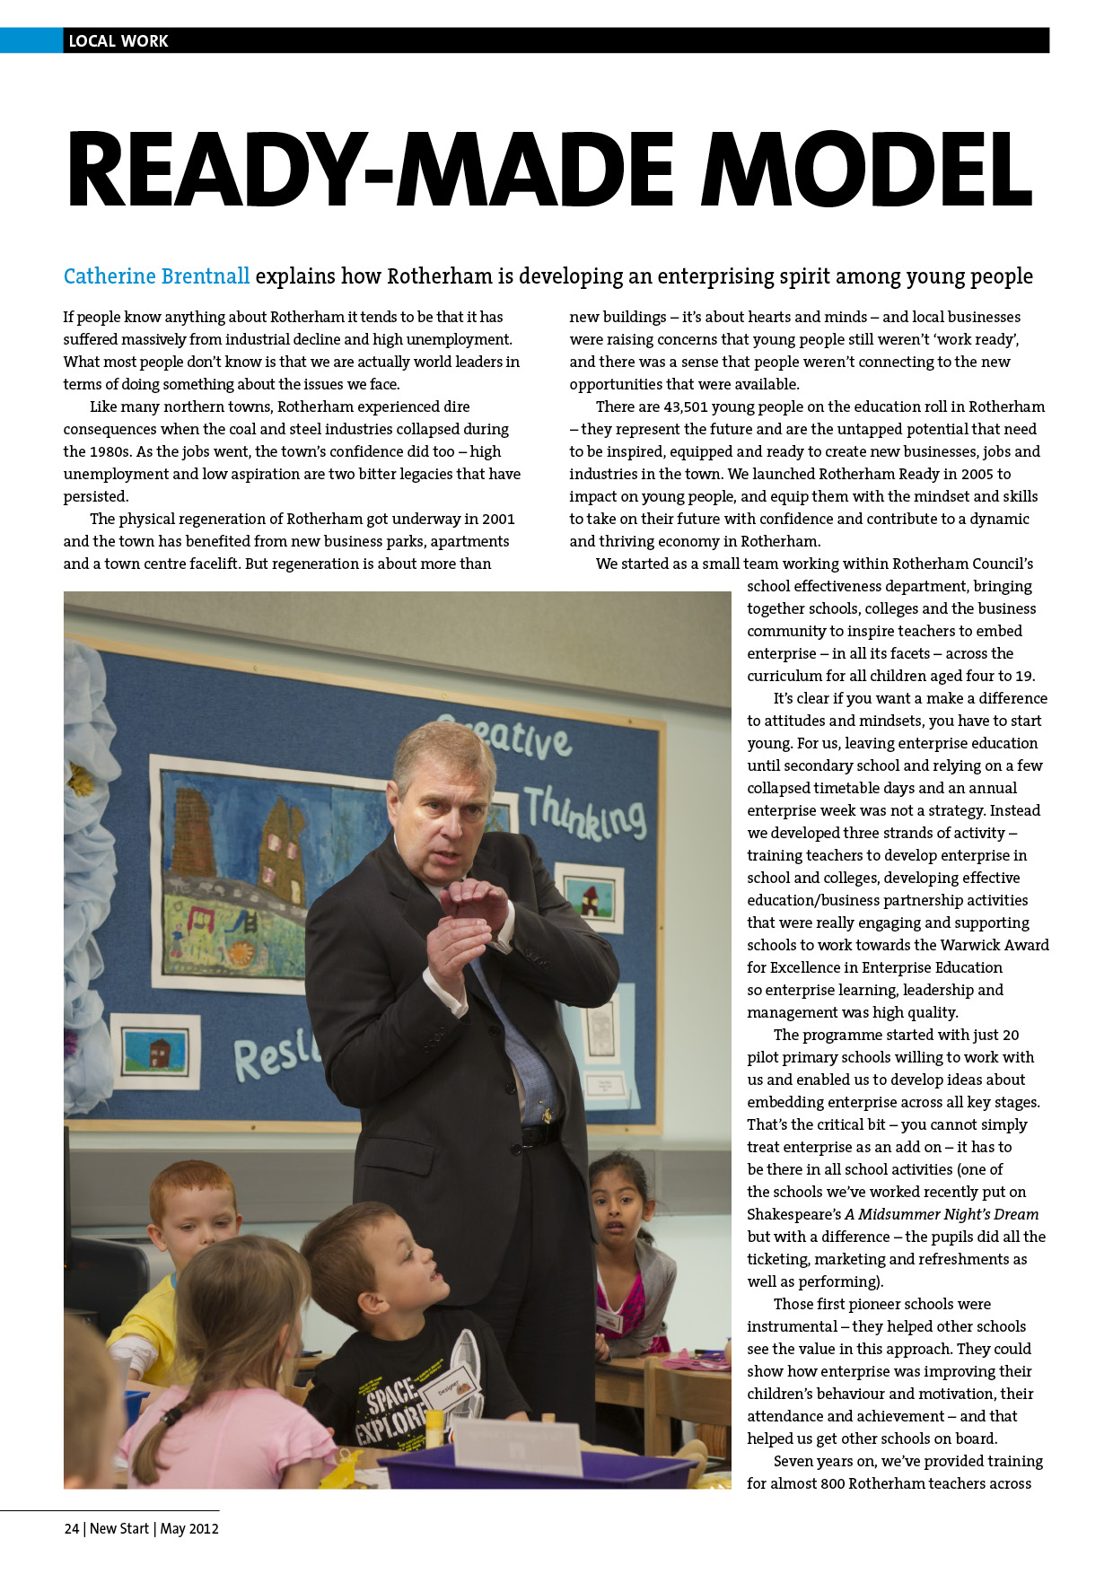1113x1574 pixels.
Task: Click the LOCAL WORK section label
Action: [x=118, y=41]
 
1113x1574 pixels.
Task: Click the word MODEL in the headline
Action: [x=866, y=171]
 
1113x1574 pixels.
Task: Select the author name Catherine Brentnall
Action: [x=156, y=276]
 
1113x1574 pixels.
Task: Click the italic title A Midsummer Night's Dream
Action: [x=942, y=1214]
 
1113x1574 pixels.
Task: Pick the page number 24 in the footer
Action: [x=72, y=1528]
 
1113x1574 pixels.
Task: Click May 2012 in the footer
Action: [x=189, y=1528]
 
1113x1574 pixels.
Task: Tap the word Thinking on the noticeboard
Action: [x=584, y=813]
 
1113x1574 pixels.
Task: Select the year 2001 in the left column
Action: [x=498, y=519]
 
